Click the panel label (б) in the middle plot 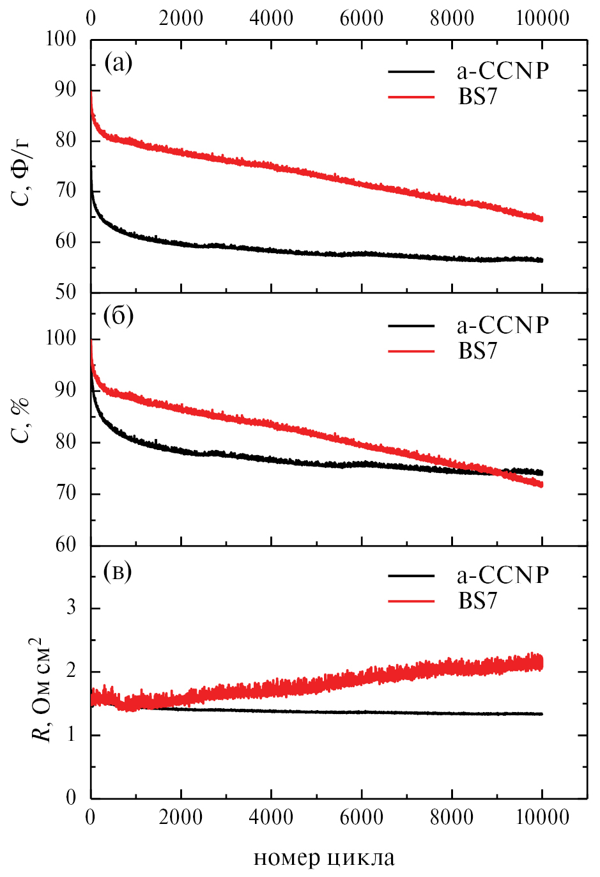pyautogui.click(x=118, y=316)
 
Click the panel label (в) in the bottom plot pyautogui.click(x=118, y=571)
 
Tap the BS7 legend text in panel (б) pyautogui.click(x=477, y=351)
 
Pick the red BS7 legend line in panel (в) pyautogui.click(x=411, y=601)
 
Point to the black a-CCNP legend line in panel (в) pyautogui.click(x=411, y=576)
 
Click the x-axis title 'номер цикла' pyautogui.click(x=324, y=858)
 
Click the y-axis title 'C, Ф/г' pyautogui.click(x=22, y=171)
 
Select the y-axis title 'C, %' pyautogui.click(x=22, y=419)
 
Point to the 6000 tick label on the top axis pyautogui.click(x=362, y=18)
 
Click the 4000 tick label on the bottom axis pyautogui.click(x=272, y=816)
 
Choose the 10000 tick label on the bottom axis pyautogui.click(x=542, y=816)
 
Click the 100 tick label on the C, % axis pyautogui.click(x=61, y=338)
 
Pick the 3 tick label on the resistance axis pyautogui.click(x=71, y=607)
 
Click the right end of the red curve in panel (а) pyautogui.click(x=542, y=219)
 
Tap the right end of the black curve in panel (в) pyautogui.click(x=542, y=714)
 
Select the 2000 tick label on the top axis pyautogui.click(x=181, y=18)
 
